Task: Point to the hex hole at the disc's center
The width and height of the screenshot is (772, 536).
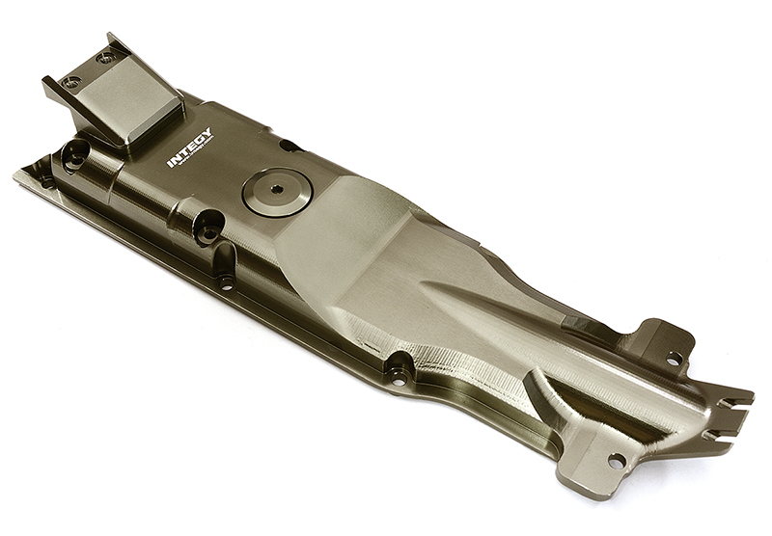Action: click(x=276, y=189)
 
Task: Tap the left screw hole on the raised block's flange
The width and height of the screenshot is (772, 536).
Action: click(x=71, y=82)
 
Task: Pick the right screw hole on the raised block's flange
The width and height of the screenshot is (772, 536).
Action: click(x=105, y=57)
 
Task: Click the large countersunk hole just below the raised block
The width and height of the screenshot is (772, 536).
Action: click(x=75, y=151)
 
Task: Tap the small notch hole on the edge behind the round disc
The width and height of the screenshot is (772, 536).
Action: click(x=287, y=146)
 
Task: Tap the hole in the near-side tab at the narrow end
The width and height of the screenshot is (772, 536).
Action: click(x=615, y=461)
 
